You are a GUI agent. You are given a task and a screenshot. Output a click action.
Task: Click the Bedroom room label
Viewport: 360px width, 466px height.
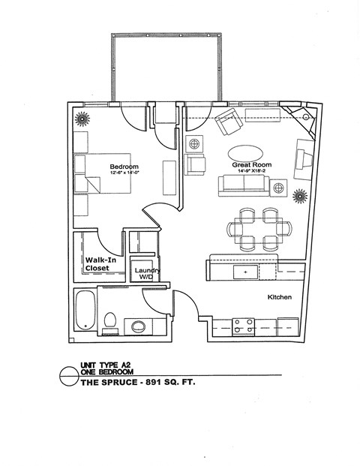(x=124, y=166)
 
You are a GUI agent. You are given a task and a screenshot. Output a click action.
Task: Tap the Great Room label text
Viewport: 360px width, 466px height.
(x=252, y=164)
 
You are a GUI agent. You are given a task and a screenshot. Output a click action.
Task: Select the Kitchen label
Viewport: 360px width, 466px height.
(x=280, y=298)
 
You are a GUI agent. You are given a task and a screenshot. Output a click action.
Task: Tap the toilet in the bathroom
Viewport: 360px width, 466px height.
(x=110, y=322)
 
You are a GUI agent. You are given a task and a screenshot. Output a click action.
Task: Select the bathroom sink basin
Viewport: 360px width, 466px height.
(x=139, y=326)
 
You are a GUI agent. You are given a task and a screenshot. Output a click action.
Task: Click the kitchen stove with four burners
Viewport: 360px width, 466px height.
(x=243, y=326)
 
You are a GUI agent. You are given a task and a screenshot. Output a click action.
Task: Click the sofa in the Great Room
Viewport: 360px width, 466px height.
(x=241, y=186)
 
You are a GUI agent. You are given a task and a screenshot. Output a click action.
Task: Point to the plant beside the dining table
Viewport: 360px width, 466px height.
(x=299, y=197)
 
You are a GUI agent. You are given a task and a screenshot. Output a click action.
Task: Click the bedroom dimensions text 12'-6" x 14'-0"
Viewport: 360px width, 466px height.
(x=124, y=173)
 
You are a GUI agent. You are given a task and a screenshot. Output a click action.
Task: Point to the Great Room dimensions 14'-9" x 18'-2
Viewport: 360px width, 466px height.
(x=252, y=171)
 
